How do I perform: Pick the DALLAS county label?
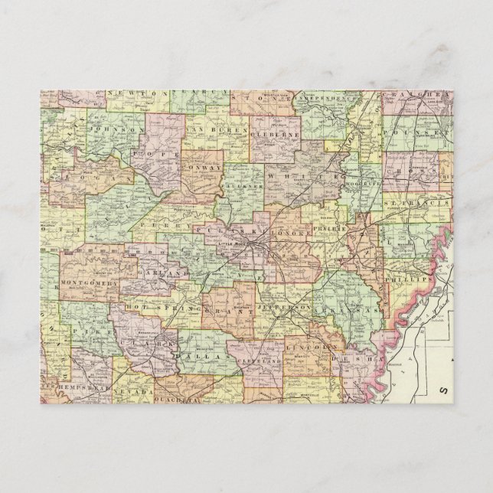coord(206,358)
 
